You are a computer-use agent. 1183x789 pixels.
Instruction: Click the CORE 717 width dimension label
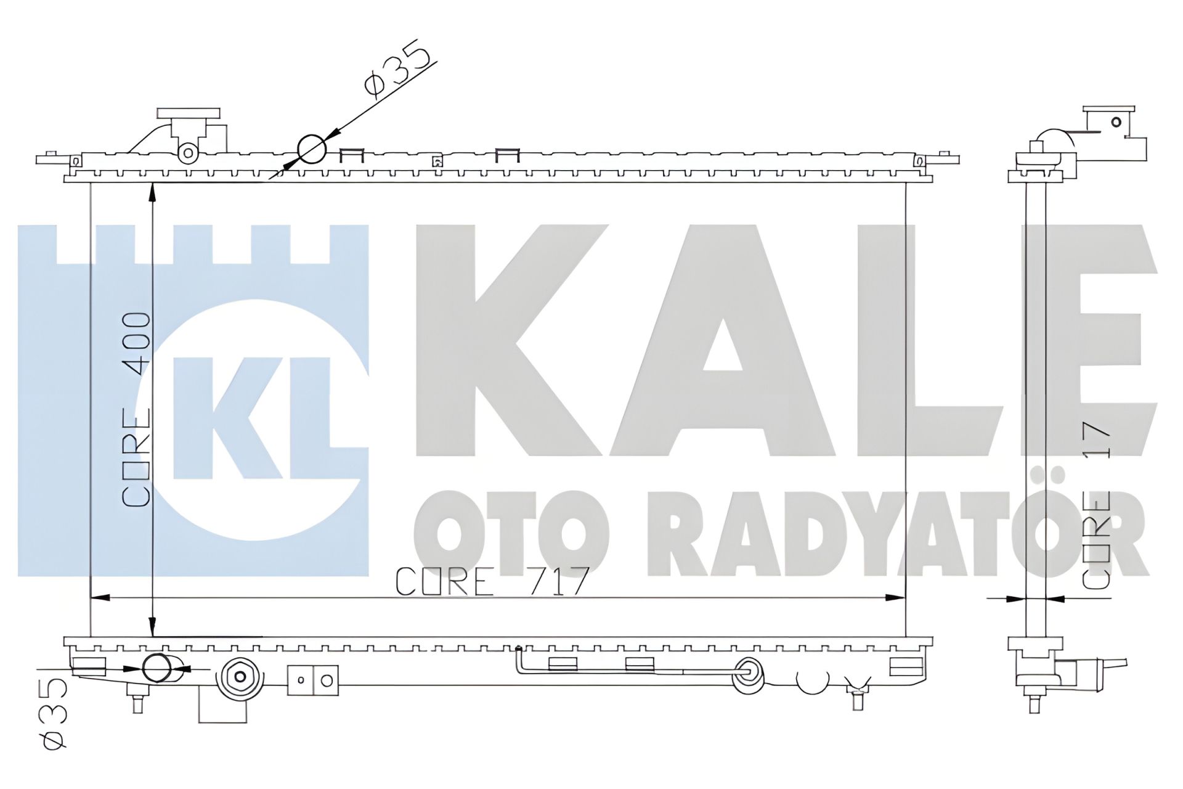pyautogui.click(x=492, y=582)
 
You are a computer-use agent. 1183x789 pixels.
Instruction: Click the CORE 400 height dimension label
pyautogui.click(x=137, y=409)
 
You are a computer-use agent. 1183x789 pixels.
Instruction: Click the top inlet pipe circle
pyautogui.click(x=311, y=149)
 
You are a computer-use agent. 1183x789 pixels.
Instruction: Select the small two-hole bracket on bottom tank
pyautogui.click(x=313, y=680)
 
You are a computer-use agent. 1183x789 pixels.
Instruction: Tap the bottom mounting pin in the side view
pyautogui.click(x=1035, y=702)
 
